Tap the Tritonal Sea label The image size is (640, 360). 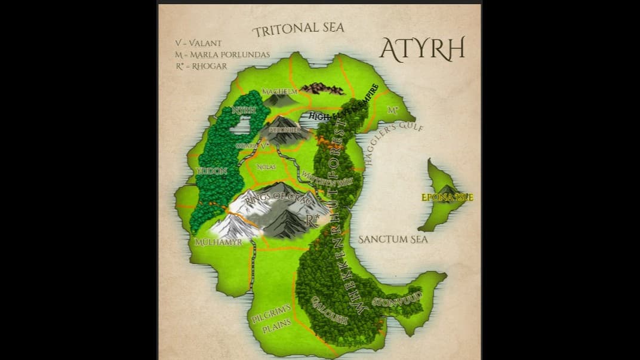click(298, 29)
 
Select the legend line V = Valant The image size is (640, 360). click(198, 43)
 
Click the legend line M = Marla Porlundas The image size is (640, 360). click(222, 54)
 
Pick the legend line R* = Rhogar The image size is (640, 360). click(201, 66)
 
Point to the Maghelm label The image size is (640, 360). click(279, 91)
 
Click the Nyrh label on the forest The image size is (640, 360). click(243, 110)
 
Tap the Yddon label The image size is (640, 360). click(211, 171)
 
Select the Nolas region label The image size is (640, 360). click(266, 167)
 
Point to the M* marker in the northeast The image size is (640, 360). click(392, 110)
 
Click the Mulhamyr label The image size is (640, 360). click(219, 242)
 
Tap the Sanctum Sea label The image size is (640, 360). click(393, 239)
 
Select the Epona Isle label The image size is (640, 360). click(447, 197)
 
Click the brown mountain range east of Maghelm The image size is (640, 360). click(322, 89)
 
